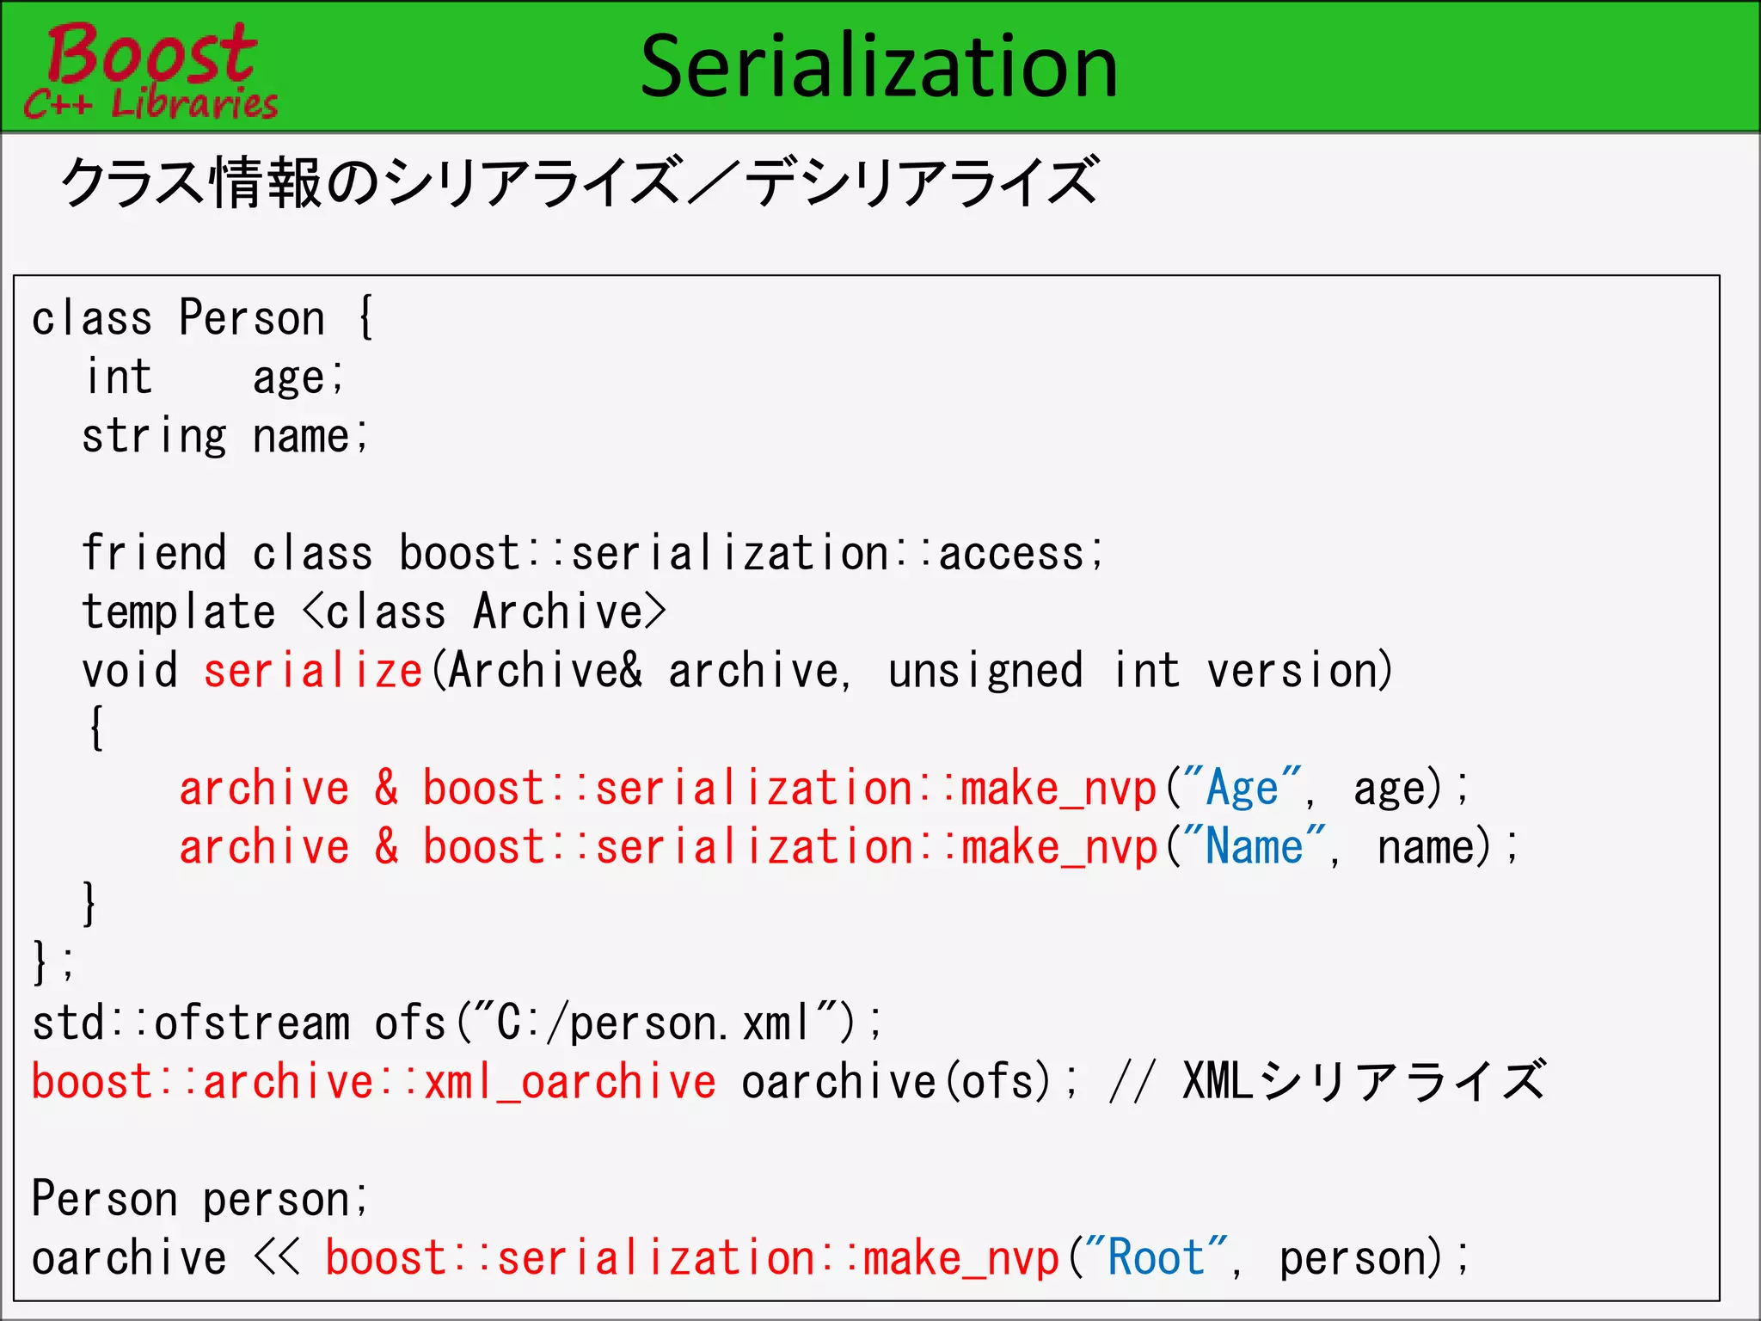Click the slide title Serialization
879,67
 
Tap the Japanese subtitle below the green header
580,182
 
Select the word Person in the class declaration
252,318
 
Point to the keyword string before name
155,437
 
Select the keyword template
179,612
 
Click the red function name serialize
313,671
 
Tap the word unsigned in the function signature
985,671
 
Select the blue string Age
1243,789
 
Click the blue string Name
1255,847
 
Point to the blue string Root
1156,1258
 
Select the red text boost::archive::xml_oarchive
373,1082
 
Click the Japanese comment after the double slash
1364,1081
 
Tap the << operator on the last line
277,1258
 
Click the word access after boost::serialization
1011,553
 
